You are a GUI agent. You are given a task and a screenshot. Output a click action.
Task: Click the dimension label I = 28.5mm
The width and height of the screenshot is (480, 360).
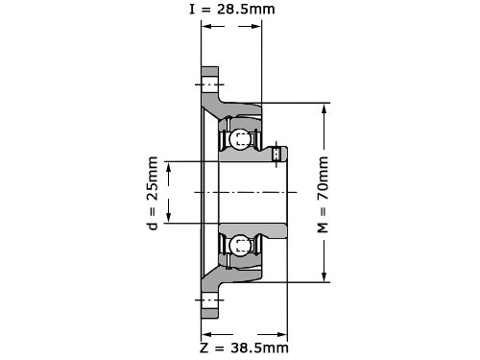(232, 9)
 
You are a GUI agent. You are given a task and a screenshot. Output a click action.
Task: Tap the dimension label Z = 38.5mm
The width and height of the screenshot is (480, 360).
(244, 348)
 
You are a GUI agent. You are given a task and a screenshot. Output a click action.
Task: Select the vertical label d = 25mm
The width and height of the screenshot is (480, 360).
(153, 193)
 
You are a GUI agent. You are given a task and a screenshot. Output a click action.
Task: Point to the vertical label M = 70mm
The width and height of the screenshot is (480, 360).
(323, 195)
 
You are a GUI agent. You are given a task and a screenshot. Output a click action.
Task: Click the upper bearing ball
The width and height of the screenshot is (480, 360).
(238, 139)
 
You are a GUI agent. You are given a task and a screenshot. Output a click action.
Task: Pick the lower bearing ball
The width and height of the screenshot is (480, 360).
(238, 246)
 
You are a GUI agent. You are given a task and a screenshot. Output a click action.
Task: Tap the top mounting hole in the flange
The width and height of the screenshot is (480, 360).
(210, 84)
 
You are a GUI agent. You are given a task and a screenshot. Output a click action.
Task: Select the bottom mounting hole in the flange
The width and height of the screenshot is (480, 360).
(210, 300)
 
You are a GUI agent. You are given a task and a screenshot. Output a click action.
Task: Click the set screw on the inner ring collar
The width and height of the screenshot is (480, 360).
(276, 154)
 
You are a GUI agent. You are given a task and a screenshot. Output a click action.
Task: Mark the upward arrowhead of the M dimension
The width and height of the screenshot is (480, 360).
(324, 108)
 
